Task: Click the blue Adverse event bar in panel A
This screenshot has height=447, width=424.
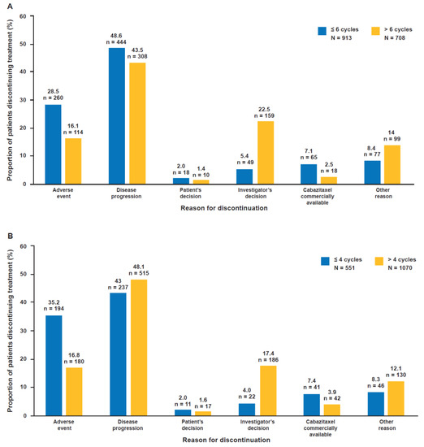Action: (53, 144)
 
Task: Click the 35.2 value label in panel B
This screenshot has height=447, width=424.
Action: (52, 306)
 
